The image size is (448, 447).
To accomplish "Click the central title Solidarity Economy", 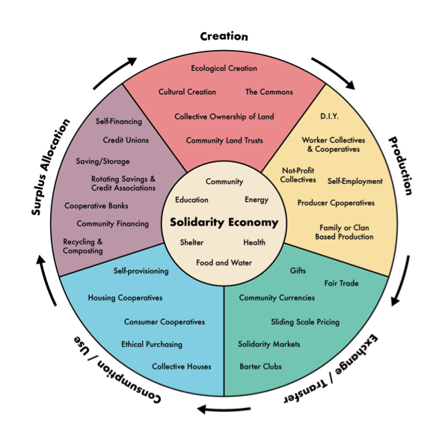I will (224, 222).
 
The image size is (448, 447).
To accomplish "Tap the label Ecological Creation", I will (224, 69).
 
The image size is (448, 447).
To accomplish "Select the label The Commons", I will (269, 92).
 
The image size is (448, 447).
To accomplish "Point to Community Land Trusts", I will (224, 141).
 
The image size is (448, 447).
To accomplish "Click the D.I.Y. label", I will (329, 117).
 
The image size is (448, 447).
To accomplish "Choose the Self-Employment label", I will (355, 182).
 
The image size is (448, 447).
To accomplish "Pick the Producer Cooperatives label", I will (336, 203).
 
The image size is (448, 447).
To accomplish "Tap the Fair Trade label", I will (341, 283).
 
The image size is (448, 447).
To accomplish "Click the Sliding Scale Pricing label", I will (305, 322).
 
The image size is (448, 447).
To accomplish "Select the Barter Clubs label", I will (260, 367).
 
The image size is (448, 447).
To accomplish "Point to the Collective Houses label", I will (182, 367).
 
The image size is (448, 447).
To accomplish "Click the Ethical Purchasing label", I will (152, 345).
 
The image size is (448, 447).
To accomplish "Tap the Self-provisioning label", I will (141, 271).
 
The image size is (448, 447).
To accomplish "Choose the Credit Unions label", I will (126, 141).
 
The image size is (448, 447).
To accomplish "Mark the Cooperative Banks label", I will (96, 206).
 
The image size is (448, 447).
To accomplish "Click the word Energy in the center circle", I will (257, 200).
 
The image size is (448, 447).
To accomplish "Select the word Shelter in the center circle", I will (191, 243).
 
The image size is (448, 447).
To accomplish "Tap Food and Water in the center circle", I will (224, 263).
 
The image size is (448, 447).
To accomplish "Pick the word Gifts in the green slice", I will (298, 271).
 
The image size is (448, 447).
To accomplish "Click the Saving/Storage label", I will (102, 161).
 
